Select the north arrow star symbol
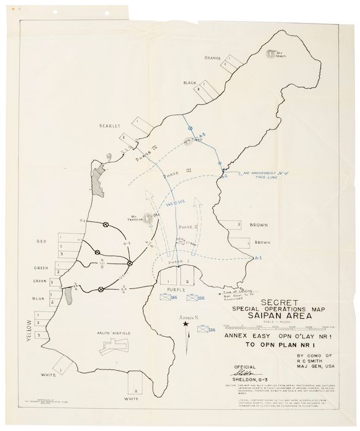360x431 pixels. pyautogui.click(x=184, y=334)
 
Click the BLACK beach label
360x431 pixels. pyautogui.click(x=190, y=82)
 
